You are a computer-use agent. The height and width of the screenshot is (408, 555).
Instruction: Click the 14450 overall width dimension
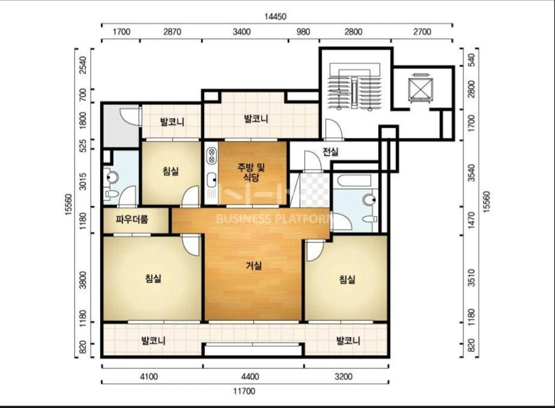[x=275, y=16]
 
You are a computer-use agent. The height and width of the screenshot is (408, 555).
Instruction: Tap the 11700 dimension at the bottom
[x=244, y=391]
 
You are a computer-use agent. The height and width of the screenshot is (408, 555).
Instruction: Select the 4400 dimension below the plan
[x=250, y=376]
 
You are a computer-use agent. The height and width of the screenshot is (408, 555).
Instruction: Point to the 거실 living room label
[x=254, y=265]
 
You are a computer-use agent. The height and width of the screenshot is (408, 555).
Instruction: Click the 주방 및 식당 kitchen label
[x=251, y=172]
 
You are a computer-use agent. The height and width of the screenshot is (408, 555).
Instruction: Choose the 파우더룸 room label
[x=132, y=220]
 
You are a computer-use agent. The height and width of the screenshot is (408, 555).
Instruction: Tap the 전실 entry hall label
[x=330, y=152]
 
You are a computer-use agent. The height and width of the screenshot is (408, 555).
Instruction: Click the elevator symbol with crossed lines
[x=420, y=88]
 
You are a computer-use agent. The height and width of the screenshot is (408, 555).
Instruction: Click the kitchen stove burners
[x=212, y=156]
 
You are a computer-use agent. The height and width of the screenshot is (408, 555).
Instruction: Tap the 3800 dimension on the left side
[x=83, y=280]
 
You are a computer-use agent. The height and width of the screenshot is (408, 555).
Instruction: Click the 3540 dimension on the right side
[x=472, y=173]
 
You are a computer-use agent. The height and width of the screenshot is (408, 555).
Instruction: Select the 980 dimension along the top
[x=303, y=32]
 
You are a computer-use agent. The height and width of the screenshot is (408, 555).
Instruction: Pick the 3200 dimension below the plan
[x=343, y=376]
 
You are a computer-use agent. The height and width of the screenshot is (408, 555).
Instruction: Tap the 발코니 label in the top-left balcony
[x=172, y=122]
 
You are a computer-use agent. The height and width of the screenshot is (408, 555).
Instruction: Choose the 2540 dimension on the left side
[x=83, y=65]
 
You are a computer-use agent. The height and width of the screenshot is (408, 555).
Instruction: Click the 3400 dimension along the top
[x=242, y=32]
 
